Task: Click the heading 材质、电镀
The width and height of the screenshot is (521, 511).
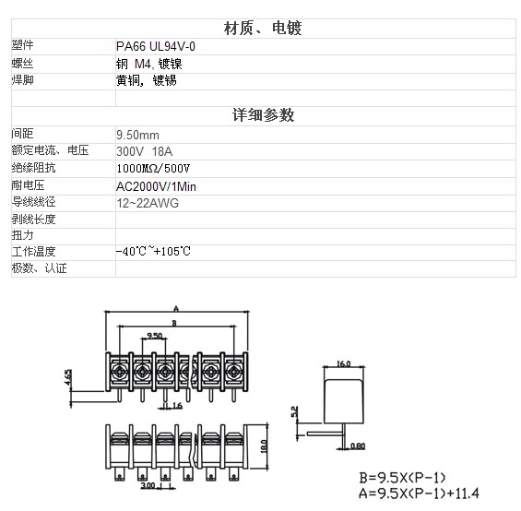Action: point(263,28)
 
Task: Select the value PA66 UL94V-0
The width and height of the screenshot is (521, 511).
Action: point(156,46)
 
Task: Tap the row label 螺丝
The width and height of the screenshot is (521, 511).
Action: point(23,63)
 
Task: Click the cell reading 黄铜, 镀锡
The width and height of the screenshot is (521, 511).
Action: point(147,80)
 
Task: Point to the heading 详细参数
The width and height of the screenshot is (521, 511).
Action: point(263,115)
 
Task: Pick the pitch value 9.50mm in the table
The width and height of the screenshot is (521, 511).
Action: point(137,135)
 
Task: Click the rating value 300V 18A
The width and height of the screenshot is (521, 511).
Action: point(144,151)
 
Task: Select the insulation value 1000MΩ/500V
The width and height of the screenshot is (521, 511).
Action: point(153,169)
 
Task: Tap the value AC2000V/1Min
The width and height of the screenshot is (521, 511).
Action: point(156,186)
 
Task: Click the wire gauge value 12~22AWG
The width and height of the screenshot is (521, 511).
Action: point(148,203)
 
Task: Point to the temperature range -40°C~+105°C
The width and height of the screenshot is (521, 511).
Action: point(153,251)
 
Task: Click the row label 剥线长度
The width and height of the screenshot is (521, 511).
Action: point(33,220)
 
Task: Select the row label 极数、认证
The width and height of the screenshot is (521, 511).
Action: point(40,268)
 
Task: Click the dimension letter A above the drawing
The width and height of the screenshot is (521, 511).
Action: point(176,309)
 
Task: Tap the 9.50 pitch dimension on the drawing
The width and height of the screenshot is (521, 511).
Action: point(155,336)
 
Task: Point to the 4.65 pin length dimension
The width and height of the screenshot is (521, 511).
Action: point(68,377)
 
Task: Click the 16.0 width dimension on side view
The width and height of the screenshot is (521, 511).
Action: point(344,363)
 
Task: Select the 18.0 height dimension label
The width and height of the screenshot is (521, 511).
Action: point(264,446)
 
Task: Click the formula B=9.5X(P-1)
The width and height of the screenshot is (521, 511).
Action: point(402,478)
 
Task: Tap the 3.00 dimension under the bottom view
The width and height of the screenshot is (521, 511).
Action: point(148,485)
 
